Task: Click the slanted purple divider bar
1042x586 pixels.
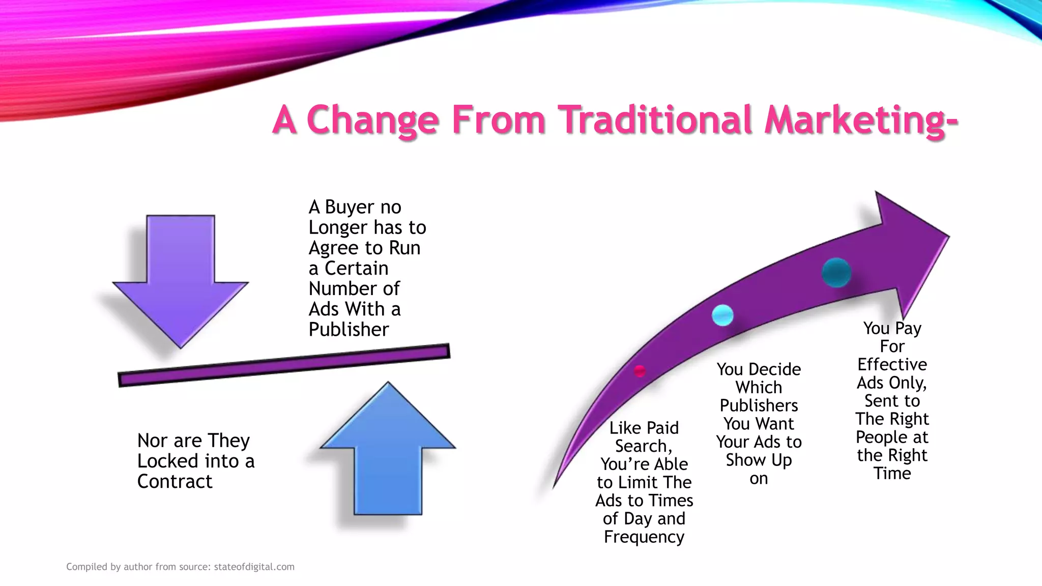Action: (x=284, y=366)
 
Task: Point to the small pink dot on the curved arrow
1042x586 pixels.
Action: (x=640, y=371)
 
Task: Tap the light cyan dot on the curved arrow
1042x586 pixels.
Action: (x=722, y=315)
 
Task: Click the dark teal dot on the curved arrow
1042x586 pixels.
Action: (x=836, y=273)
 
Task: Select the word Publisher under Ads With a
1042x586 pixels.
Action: (x=349, y=330)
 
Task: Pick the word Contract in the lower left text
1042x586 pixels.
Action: (x=175, y=481)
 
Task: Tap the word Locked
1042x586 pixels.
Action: (x=167, y=461)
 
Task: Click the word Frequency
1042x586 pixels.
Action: (x=644, y=537)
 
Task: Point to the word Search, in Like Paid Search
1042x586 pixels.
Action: (x=644, y=446)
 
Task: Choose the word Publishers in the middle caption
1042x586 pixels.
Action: (x=759, y=405)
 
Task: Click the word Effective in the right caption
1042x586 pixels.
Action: (x=892, y=365)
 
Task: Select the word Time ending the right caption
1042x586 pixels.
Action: (x=892, y=474)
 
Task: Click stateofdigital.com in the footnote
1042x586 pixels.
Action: (x=254, y=567)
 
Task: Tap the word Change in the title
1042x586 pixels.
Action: (x=372, y=120)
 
